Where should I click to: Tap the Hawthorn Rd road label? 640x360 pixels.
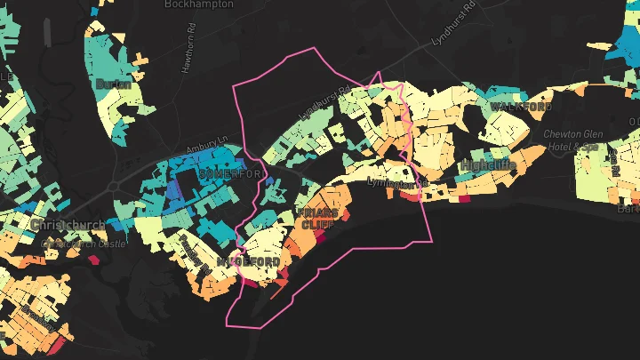[188, 54]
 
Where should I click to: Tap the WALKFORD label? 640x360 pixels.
[521, 107]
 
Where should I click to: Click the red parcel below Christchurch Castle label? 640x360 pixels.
[93, 260]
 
